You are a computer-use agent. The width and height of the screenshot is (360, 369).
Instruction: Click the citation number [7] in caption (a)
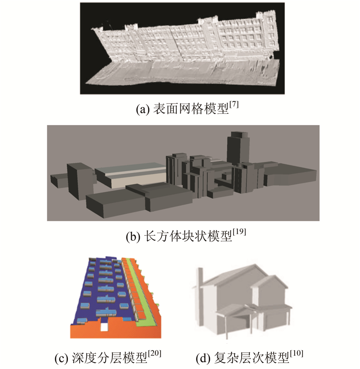pos(234,105)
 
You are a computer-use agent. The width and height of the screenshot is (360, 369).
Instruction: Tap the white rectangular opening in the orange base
pos(103,327)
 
